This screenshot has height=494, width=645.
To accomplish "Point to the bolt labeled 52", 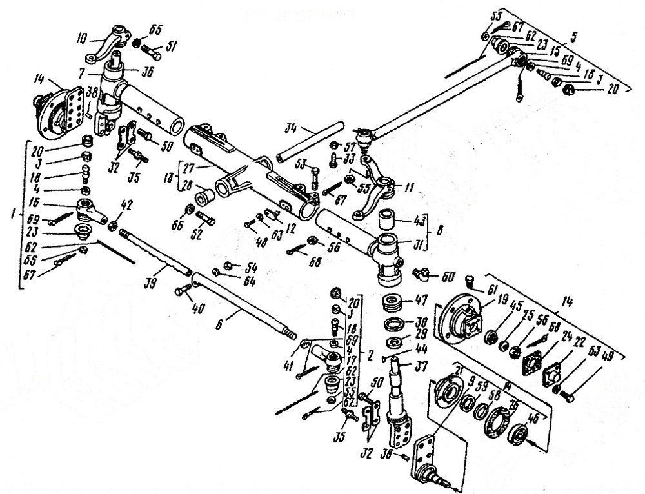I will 204,219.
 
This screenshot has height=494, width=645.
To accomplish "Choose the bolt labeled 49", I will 568,393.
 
